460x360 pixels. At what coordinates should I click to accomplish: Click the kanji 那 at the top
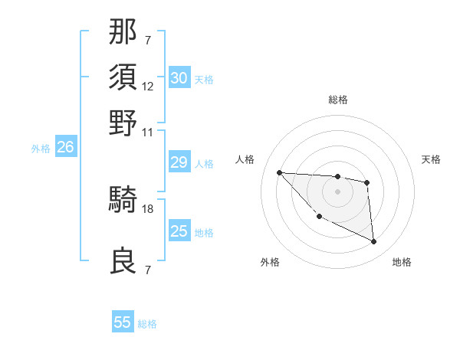pos(123,33)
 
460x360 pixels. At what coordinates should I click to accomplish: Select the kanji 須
pos(123,77)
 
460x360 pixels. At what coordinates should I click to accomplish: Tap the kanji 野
pos(123,123)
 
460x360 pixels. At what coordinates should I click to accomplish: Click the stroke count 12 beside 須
pos(148,87)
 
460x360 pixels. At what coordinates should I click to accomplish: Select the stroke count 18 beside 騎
pos(148,208)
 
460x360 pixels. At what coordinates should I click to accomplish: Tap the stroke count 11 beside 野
pos(148,132)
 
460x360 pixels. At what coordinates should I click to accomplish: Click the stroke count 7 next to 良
pos(148,270)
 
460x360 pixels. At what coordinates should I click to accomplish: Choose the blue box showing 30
pos(179,78)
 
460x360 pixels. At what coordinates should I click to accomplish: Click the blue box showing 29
pos(179,162)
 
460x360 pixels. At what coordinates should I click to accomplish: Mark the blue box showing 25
pos(179,231)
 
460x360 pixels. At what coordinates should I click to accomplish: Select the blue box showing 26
pos(65,147)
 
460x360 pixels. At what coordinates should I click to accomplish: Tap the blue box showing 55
pos(123,322)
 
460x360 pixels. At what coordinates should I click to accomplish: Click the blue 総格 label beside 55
pos(147,324)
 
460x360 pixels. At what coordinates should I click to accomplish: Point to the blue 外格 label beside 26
pos(41,149)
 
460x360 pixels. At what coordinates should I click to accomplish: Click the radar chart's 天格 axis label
pos(431,159)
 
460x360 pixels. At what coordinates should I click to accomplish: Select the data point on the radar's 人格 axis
pos(279,172)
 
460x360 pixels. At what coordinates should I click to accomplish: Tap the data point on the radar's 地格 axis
pos(374,242)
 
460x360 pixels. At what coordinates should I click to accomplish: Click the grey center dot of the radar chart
pos(337,191)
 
